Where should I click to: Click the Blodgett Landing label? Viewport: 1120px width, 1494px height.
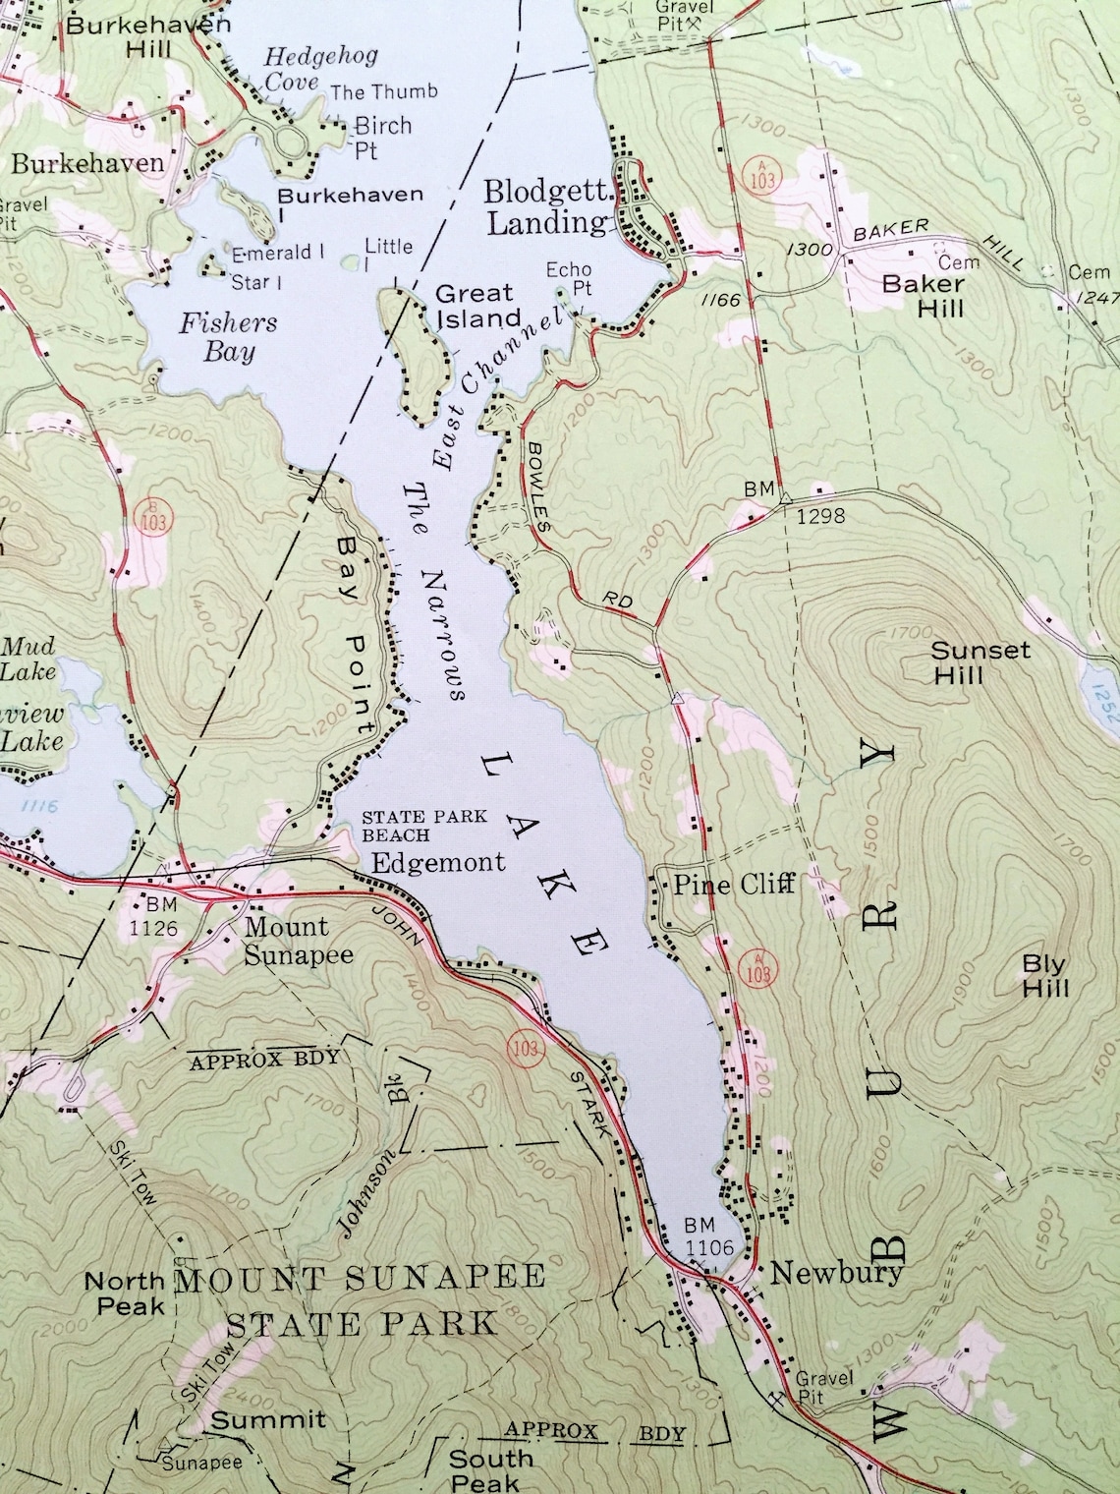click(x=546, y=206)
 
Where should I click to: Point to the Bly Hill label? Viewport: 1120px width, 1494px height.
click(x=1044, y=976)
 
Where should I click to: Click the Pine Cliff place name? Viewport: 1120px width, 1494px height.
click(x=733, y=885)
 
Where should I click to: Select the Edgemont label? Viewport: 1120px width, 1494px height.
click(x=438, y=862)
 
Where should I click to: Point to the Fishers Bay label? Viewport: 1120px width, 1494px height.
click(x=228, y=336)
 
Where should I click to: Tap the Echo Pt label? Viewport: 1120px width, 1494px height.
click(x=570, y=278)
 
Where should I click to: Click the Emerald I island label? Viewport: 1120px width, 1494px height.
click(x=278, y=253)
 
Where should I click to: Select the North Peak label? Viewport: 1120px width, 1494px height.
click(x=125, y=1293)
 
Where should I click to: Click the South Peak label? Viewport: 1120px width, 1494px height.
click(x=491, y=1469)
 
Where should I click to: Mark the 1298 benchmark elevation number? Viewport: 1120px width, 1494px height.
click(x=820, y=515)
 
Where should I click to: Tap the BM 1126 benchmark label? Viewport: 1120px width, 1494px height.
click(x=160, y=915)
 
